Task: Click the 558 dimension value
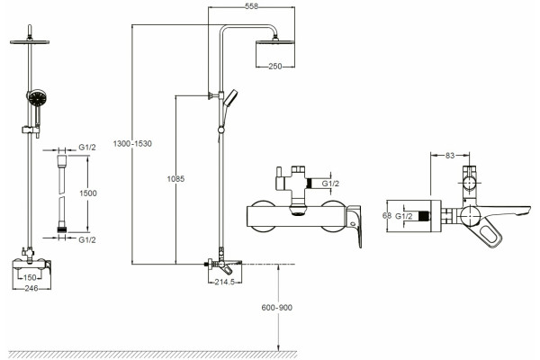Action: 251,6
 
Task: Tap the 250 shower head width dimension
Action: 275,66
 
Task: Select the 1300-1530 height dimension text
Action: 132,144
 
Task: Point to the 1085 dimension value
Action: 175,179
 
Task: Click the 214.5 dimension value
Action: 224,282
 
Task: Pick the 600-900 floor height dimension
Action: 277,308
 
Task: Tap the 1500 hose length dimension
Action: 88,193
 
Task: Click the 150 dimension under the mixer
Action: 30,277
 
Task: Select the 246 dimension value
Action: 31,288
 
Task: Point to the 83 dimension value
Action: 450,156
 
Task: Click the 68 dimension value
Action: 387,216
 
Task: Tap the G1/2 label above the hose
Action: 87,148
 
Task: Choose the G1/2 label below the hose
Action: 87,239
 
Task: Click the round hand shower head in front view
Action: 36,98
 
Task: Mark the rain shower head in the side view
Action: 275,41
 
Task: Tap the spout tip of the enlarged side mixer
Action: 527,209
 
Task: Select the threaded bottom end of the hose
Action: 62,229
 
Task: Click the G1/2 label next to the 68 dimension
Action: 403,216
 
